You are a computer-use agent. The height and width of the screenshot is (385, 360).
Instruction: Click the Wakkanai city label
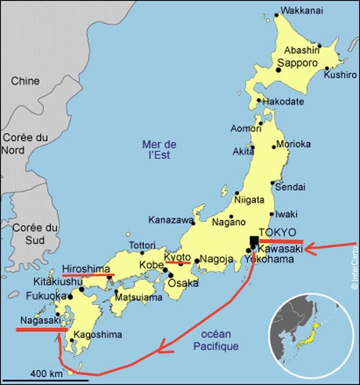pos(302,13)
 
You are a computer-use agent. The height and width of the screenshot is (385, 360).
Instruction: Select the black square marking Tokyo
pos(254,242)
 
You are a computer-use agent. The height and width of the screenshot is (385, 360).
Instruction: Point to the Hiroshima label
pos(87,267)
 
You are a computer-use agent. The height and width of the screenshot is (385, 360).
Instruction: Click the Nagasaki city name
pos(38,321)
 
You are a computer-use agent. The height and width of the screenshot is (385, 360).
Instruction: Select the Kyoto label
pos(178,256)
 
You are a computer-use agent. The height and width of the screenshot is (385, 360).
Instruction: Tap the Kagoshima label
pos(98,335)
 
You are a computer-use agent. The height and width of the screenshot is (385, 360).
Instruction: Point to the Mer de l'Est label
pos(160,150)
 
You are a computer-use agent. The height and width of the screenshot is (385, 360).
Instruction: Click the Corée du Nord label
pos(23,147)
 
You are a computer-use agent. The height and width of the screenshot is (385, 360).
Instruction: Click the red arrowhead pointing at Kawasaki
pos(310,249)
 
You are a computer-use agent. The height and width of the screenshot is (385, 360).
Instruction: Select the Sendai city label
pos(292,187)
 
